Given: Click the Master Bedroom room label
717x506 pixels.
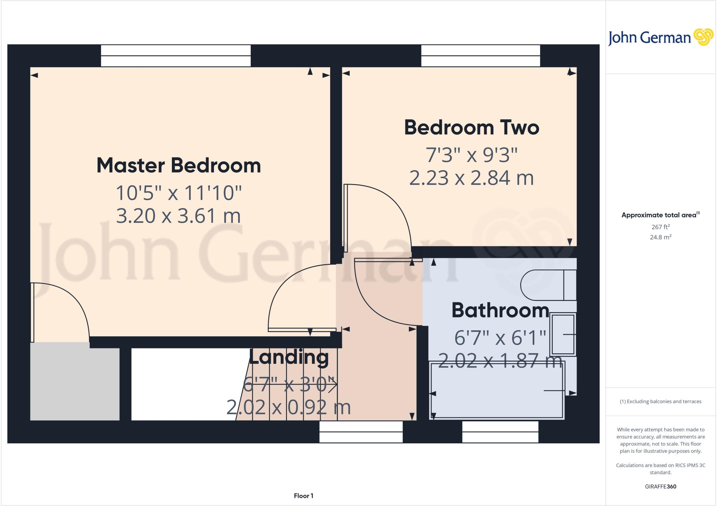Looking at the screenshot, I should [x=179, y=166].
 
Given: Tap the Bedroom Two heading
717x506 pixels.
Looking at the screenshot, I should [x=471, y=128].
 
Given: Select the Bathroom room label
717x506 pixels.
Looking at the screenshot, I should [x=500, y=310].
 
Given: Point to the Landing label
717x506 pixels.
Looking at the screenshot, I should [x=288, y=357].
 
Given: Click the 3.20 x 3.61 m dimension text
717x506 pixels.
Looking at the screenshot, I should [x=179, y=216].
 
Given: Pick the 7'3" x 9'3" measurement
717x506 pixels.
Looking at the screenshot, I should [x=471, y=155].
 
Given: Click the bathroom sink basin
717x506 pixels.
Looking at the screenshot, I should [x=563, y=335].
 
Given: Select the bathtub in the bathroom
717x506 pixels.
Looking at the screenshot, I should [x=497, y=390].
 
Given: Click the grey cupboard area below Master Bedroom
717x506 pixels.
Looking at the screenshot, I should [x=75, y=381].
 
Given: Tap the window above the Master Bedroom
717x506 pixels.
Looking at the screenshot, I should [x=176, y=56].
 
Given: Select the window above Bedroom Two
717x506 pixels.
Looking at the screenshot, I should [x=480, y=56].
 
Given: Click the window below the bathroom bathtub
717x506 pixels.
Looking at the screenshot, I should [x=500, y=432].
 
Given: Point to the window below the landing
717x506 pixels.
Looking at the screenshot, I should [x=361, y=432].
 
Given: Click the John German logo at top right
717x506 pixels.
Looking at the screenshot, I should [x=660, y=37].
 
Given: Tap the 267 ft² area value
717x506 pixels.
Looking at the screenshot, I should [x=660, y=227].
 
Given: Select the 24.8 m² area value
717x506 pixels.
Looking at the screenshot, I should [x=660, y=237].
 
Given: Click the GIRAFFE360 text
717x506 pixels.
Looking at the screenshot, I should [x=660, y=486].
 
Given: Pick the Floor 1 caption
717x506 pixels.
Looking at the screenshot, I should [x=303, y=496].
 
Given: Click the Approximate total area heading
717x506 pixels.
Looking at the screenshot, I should [x=660, y=215].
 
